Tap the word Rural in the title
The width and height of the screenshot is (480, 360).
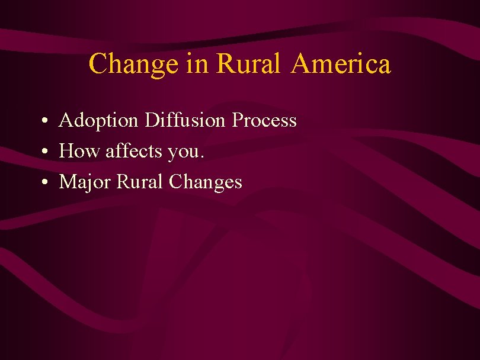248,64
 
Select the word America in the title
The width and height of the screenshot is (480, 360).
341,64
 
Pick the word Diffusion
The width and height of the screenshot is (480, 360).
185,121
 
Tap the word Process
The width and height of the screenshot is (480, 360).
264,121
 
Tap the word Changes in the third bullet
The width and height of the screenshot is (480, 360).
206,182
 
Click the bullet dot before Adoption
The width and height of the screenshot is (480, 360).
45,122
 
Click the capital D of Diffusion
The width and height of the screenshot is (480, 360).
152,121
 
